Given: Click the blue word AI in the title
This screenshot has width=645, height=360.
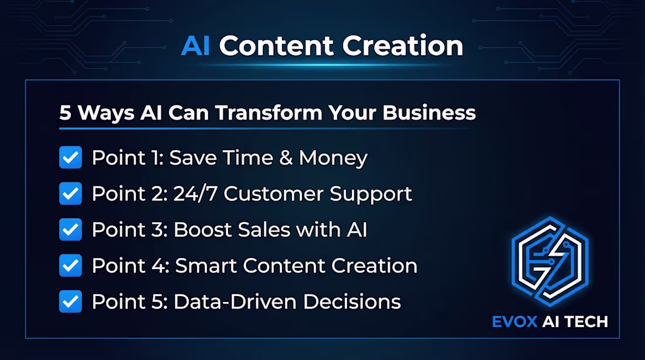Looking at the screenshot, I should [x=195, y=46].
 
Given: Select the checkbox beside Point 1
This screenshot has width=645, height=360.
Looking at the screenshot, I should [x=70, y=158].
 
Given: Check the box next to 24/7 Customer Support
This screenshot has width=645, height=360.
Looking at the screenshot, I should [x=70, y=193].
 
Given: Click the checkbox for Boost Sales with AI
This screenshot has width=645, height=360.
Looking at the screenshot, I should [x=70, y=229].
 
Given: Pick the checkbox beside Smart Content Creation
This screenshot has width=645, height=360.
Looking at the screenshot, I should [x=70, y=266].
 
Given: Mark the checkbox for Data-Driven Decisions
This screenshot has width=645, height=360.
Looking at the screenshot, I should [x=70, y=301].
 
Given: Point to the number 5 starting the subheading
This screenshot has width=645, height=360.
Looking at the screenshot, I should [x=64, y=113].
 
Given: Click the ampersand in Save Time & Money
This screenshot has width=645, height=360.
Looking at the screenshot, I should [x=284, y=158].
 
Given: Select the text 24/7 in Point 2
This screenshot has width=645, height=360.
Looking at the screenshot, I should [x=196, y=194].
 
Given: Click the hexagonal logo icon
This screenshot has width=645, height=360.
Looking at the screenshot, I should [x=549, y=261].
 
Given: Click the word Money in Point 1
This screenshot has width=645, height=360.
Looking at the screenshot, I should [x=333, y=158].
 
